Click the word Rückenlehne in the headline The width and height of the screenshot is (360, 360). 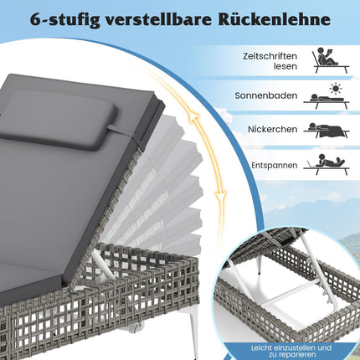274,19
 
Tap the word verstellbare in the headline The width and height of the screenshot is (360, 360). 159,19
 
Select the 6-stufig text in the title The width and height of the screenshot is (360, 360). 65,20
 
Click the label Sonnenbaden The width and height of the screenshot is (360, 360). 266,95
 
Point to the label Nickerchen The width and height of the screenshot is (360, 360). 273,129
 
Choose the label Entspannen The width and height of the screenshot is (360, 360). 275,165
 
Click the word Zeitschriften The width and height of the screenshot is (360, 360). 270,56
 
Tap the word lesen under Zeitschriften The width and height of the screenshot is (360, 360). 285,66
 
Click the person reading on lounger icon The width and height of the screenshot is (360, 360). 331,60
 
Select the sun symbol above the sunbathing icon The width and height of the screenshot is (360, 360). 336,88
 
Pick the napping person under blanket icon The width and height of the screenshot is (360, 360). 327,130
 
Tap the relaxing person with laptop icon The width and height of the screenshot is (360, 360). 327,165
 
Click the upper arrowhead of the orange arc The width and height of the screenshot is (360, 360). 193,116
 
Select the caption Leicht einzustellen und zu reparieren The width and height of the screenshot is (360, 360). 291,351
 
